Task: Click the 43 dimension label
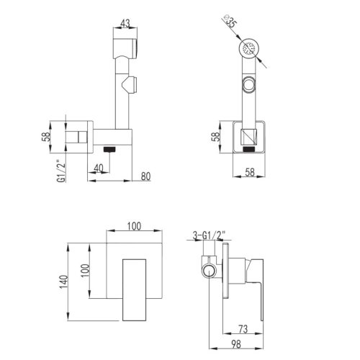[x=125, y=23]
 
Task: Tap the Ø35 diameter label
[x=230, y=22]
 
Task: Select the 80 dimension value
[x=145, y=176]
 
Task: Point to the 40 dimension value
[x=99, y=168]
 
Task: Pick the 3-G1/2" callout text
[x=210, y=235]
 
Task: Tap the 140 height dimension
[x=64, y=282]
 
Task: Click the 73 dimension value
[x=243, y=329]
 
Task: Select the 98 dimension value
[x=236, y=344]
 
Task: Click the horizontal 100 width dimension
[x=134, y=226]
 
